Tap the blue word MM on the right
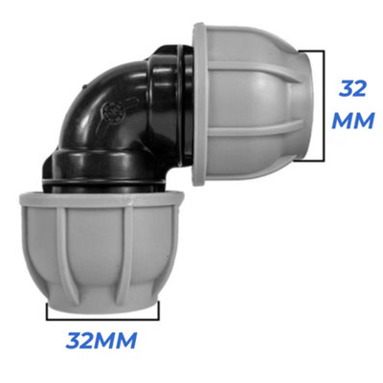click(x=353, y=123)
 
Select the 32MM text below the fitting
click(x=101, y=340)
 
